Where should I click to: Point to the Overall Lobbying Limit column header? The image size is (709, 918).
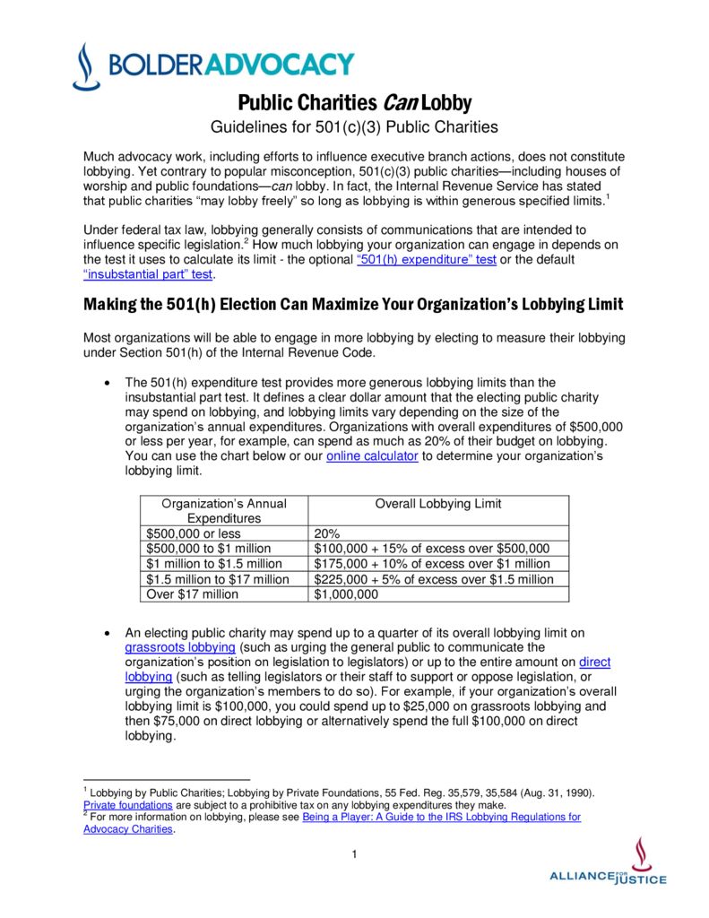point(437,504)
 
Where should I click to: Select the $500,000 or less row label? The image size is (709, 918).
point(193,533)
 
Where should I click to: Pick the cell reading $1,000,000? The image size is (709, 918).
point(345,594)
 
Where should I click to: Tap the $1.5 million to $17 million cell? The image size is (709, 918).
point(217,579)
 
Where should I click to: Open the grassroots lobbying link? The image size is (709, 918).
point(180,647)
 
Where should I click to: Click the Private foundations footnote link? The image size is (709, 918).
point(127,805)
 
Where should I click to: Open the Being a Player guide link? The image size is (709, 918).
point(441,817)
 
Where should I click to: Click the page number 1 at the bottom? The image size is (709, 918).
point(355,853)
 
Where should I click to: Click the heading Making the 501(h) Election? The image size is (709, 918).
point(353,305)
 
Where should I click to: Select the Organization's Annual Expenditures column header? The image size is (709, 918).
point(223,511)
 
